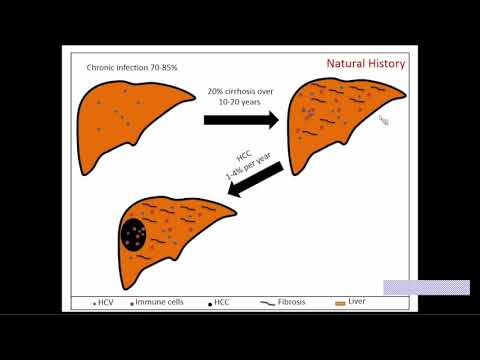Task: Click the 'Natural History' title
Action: [x=366, y=64]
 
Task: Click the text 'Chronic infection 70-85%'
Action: [x=125, y=67]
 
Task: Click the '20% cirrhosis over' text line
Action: [x=245, y=91]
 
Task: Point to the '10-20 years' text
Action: [x=245, y=103]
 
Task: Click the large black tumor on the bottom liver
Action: [x=134, y=236]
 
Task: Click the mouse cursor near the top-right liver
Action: [x=383, y=121]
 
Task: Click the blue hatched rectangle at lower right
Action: [x=426, y=287]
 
